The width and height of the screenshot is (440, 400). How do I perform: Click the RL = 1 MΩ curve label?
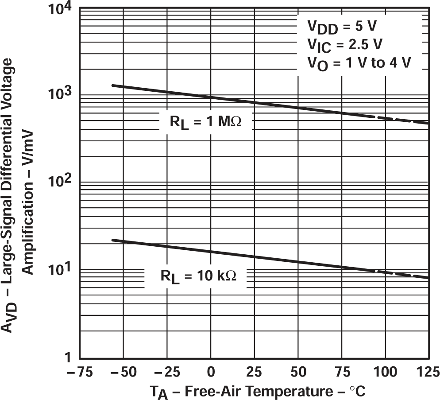(x=205, y=123)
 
